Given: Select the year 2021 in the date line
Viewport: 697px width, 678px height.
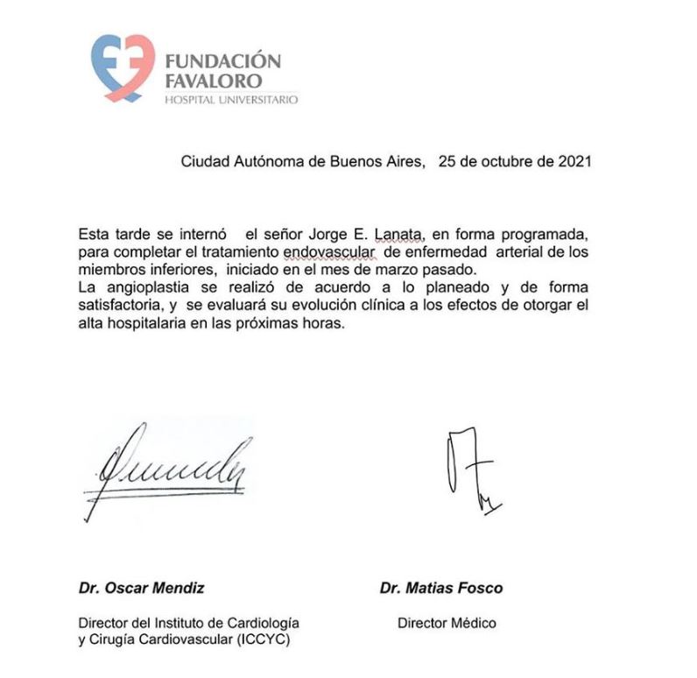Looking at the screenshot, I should [574, 161].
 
